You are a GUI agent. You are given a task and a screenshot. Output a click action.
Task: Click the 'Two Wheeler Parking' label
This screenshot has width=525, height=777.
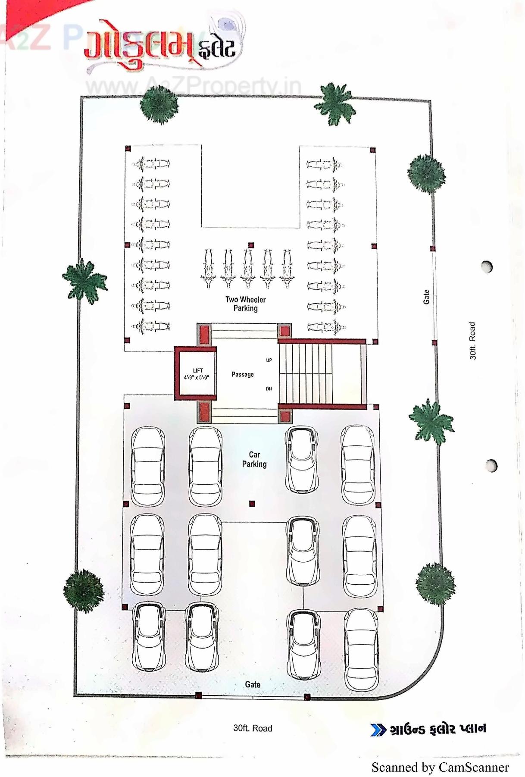[x=245, y=304]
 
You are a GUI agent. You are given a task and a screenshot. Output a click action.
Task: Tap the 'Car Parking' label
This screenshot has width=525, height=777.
[x=254, y=459]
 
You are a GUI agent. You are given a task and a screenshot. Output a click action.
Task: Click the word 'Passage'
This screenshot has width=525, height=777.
[x=243, y=374]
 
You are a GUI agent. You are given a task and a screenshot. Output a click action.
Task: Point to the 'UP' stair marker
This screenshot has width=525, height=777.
[x=269, y=360]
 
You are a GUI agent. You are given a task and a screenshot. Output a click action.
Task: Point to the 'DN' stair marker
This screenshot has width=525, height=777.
[x=269, y=388]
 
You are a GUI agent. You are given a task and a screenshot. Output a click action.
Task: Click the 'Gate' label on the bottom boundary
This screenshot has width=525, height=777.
[x=253, y=684]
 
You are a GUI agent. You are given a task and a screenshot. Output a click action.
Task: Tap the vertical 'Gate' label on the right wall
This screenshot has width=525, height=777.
[x=426, y=297]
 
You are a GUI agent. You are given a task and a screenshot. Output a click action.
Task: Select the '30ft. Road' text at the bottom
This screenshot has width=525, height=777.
[x=253, y=728]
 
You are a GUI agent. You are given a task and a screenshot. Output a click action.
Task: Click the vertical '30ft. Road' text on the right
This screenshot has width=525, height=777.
[x=473, y=340]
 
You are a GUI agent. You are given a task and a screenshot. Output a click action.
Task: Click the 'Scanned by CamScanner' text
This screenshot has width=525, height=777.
[x=440, y=767]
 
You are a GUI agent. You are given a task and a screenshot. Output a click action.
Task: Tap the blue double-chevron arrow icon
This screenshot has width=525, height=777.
[x=378, y=730]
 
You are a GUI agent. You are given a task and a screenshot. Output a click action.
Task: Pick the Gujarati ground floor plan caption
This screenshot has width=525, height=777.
[x=438, y=729]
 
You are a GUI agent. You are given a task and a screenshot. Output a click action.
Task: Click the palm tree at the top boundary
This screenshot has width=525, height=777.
[x=334, y=104]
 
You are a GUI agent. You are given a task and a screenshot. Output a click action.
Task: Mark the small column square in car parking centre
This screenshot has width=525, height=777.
[x=252, y=503]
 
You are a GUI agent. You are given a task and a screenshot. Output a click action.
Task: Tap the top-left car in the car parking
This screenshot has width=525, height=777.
[x=148, y=466]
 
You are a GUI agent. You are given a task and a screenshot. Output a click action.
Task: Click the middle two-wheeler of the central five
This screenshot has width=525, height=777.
[x=247, y=268]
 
